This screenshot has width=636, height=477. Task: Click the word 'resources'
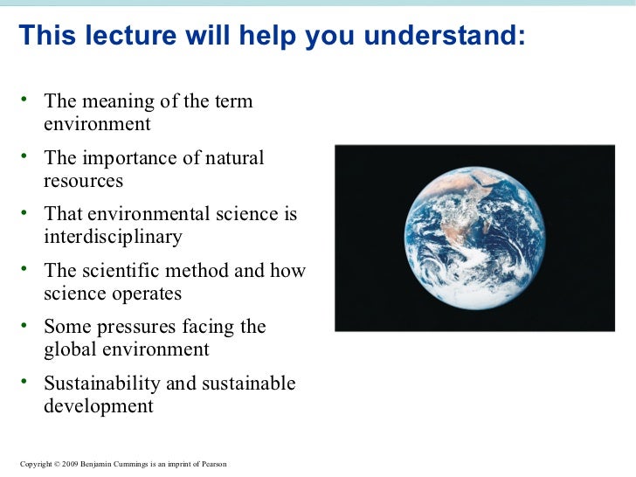[83, 181]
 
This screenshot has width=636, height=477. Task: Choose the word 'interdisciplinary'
[113, 237]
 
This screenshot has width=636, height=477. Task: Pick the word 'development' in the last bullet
[98, 406]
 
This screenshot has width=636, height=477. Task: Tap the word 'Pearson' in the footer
[213, 464]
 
